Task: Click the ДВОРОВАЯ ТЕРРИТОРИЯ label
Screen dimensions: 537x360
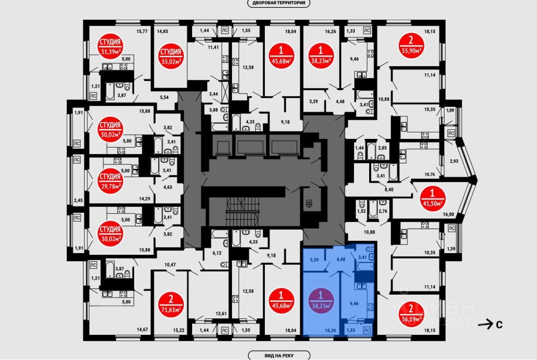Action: click(279, 3)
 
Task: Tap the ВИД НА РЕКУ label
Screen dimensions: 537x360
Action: click(279, 356)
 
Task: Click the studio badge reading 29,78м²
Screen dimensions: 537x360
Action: click(109, 181)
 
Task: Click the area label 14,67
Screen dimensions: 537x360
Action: click(142, 330)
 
